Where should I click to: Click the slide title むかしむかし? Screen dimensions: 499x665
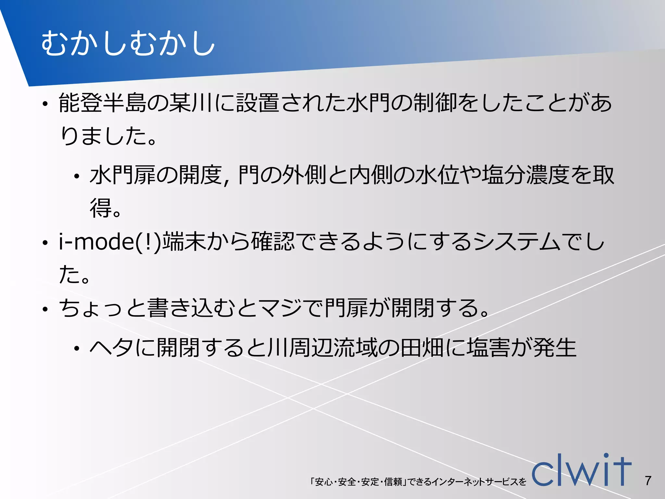128,44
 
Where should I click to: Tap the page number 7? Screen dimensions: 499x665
648,480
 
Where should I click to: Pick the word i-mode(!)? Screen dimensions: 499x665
110,242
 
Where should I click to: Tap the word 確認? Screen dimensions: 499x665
273,242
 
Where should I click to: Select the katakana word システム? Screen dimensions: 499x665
517,242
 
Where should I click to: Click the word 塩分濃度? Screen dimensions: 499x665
526,175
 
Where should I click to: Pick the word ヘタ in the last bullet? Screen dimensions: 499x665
111,348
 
